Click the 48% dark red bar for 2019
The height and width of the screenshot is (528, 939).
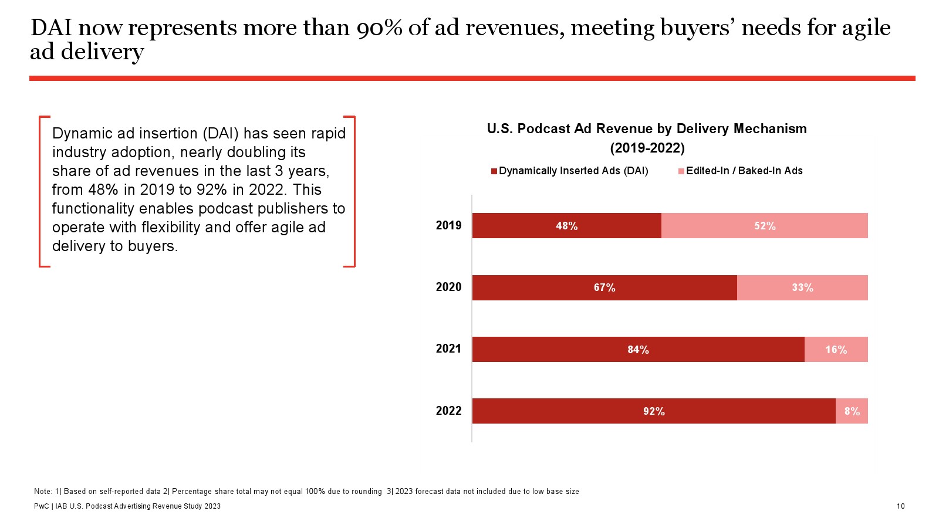click(x=566, y=226)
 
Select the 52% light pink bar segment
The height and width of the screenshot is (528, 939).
click(x=764, y=226)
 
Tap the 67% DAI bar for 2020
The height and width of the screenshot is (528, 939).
click(x=604, y=287)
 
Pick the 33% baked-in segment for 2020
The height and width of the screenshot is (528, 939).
click(x=802, y=287)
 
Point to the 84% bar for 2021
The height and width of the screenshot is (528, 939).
click(x=638, y=350)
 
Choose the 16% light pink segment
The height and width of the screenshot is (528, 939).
click(x=836, y=350)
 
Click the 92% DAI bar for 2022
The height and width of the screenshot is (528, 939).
click(x=654, y=411)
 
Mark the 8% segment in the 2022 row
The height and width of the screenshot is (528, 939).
click(x=852, y=411)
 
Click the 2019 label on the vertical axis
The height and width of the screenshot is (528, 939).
click(x=448, y=225)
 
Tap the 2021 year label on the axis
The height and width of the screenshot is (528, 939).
click(x=448, y=348)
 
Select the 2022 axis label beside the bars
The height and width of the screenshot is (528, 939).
click(x=448, y=411)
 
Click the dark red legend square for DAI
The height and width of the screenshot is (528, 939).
click(x=494, y=171)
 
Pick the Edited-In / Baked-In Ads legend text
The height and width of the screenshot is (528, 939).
click(x=744, y=171)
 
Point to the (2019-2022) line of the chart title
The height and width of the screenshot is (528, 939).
click(x=647, y=148)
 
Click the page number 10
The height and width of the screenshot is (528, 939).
click(x=900, y=506)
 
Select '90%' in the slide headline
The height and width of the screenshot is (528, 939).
click(x=379, y=28)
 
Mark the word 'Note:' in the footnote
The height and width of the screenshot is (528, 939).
click(x=43, y=492)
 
